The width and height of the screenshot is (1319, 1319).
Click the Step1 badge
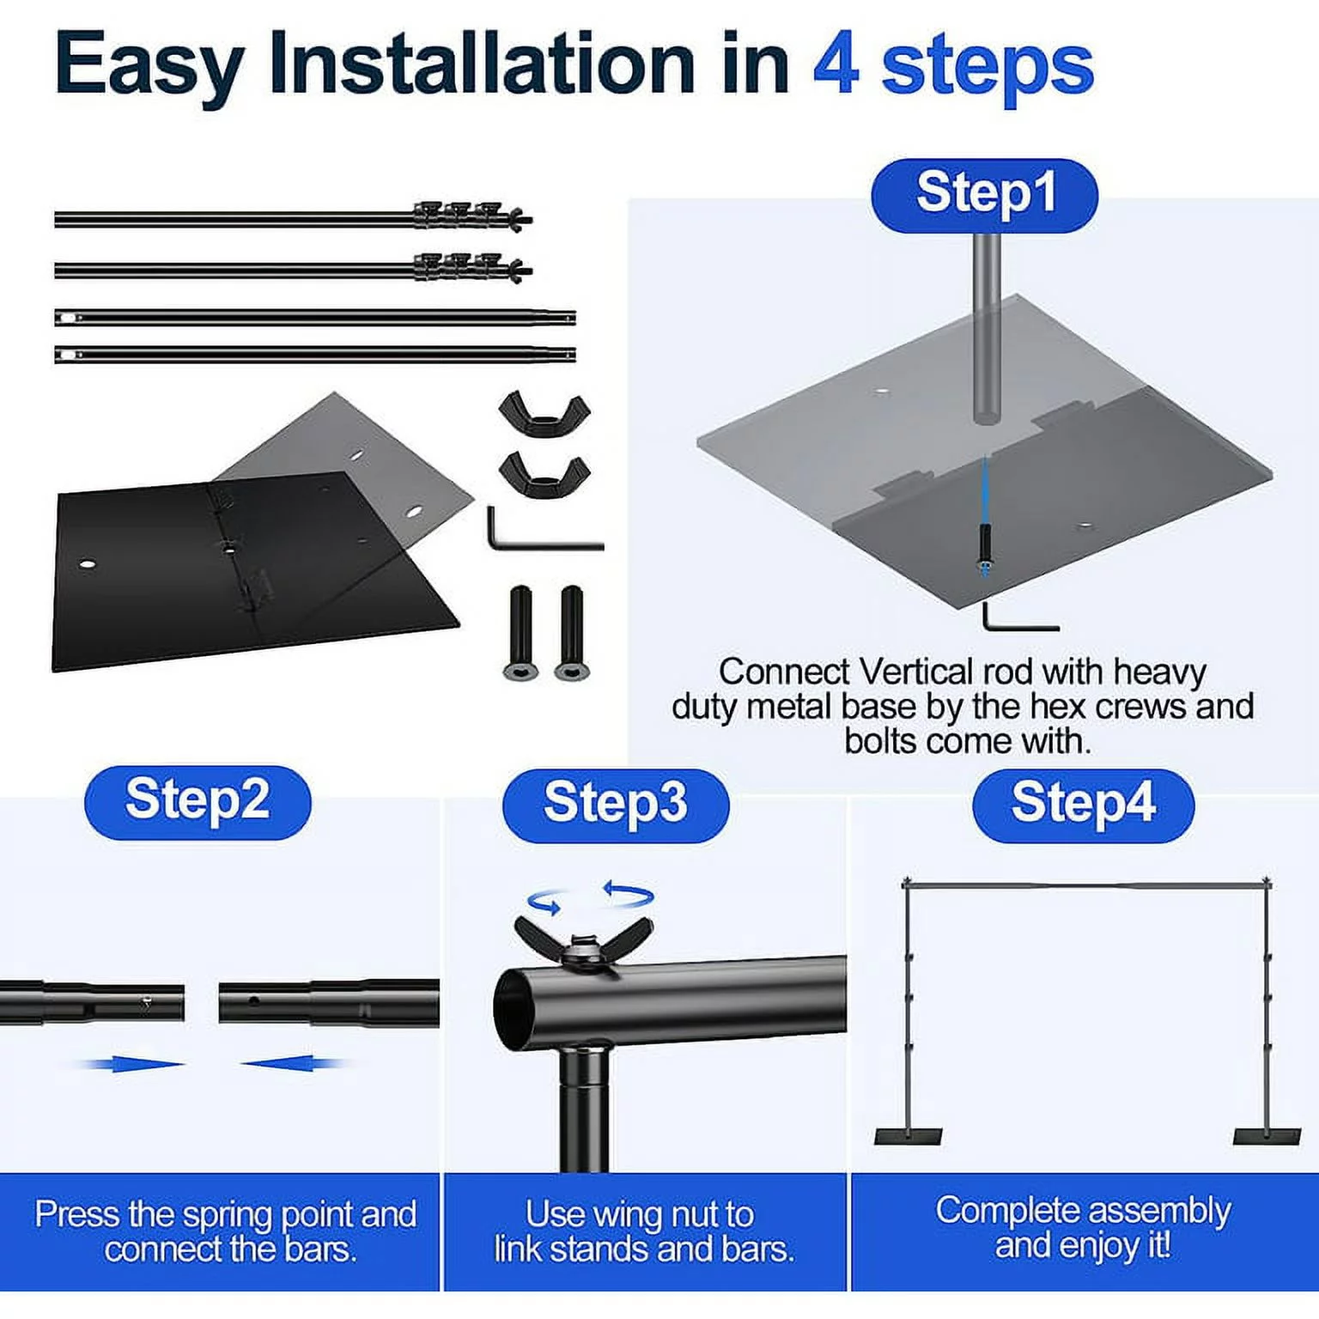coord(984,195)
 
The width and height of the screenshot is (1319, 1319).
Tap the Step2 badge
coord(198,802)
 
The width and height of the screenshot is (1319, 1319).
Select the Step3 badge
coord(616,805)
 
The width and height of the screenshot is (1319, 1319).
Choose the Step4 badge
coord(1083,805)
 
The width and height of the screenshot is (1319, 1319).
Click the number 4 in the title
coord(836,66)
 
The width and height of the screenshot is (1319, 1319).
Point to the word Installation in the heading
coord(482,64)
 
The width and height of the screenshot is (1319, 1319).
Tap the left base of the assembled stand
coord(909,1136)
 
